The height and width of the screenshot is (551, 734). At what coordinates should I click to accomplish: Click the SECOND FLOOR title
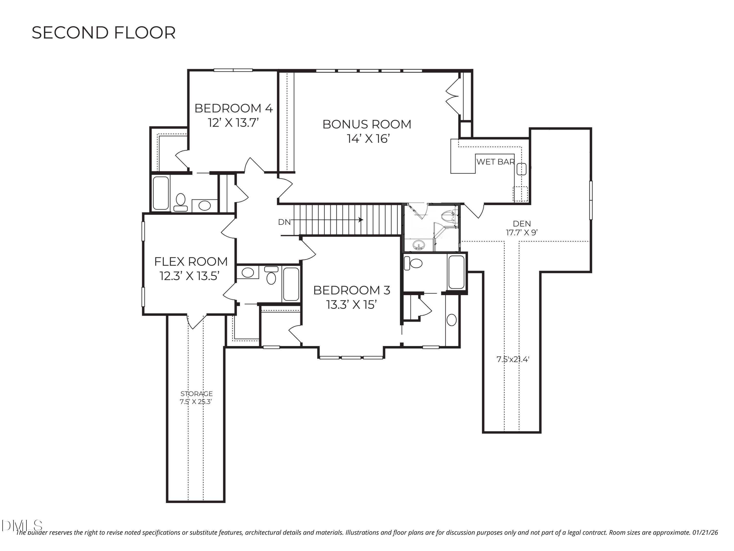103,33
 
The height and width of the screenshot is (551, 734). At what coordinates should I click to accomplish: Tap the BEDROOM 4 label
233,108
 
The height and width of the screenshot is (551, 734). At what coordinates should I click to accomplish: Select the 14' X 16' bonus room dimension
368,139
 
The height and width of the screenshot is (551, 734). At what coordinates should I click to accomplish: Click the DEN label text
522,224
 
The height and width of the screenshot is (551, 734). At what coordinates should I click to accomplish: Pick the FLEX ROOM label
191,262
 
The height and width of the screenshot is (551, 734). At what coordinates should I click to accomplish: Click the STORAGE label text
196,394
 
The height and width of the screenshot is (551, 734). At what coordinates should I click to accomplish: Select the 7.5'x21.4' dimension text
513,359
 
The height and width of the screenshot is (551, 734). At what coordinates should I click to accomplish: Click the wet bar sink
521,169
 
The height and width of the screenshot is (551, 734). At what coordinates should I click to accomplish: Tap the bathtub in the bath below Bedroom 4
161,193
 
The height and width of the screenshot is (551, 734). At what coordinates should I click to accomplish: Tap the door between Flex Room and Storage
197,321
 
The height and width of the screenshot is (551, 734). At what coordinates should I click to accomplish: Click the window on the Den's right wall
591,200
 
